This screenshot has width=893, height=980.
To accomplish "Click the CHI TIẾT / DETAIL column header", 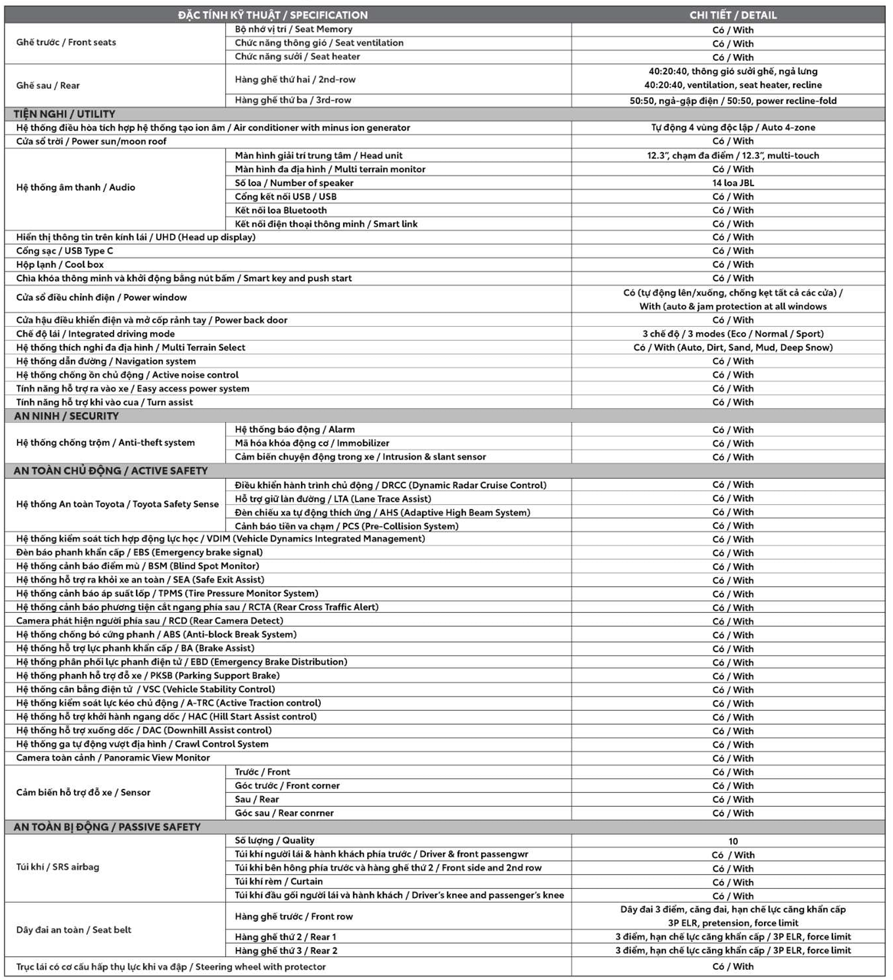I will pos(733,15).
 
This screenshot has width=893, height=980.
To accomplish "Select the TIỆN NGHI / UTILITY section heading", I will pos(65,114).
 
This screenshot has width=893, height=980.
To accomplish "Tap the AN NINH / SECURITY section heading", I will pos(66,416).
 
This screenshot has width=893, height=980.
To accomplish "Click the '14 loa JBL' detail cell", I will pos(733,183).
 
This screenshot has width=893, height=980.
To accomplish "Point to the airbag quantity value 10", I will pos(733,841).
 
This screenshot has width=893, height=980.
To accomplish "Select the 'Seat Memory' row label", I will pos(293,29).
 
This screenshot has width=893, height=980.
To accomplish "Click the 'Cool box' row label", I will pos(60,265).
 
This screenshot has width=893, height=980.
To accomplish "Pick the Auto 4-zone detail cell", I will pos(733,128).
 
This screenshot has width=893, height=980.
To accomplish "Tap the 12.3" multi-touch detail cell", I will pos(733,155).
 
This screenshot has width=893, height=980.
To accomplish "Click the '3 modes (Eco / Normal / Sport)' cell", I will pos(733,334).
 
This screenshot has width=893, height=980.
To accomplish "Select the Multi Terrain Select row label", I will pos(131,347).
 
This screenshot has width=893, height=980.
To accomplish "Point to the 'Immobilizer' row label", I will pos(312,443).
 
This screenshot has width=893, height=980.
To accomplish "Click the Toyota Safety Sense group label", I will pos(117,504).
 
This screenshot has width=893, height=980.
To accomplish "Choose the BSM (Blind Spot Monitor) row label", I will pos(138,566).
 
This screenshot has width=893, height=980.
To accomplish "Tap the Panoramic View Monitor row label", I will pos(113,758).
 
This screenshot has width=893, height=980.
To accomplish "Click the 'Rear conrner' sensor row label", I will pos(284,813).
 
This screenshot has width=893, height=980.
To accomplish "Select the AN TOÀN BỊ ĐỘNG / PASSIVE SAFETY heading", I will pos(107,827).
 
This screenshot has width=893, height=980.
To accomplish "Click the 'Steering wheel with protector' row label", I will pos(171,967).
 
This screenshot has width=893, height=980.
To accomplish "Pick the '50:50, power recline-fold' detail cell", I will pos(733,101).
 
